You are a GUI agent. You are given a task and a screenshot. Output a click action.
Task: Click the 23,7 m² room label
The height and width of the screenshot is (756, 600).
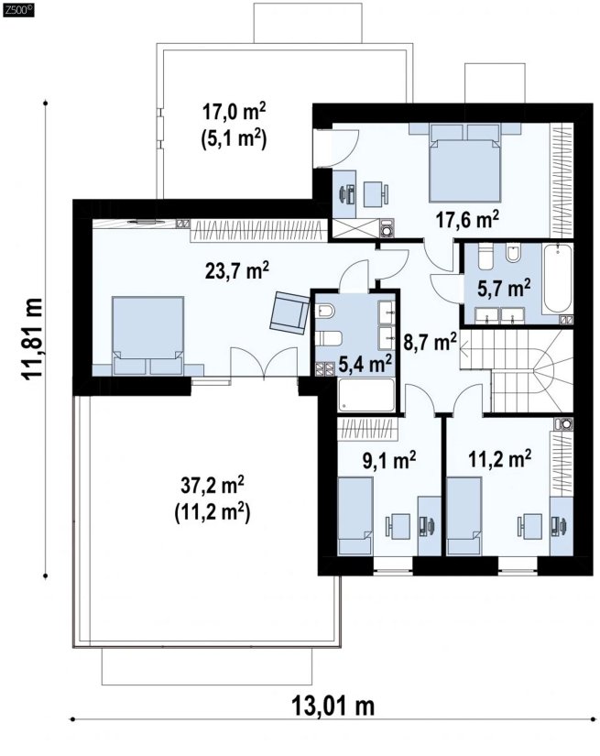tap(237, 270)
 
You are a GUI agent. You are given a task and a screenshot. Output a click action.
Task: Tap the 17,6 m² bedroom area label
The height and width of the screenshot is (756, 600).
tap(467, 219)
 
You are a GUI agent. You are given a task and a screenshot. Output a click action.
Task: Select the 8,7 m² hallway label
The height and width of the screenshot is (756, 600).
tap(430, 343)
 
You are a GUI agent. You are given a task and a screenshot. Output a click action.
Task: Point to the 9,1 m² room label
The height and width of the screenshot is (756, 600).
tap(389, 460)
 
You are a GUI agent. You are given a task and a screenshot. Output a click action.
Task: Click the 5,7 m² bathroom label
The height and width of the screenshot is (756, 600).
tap(504, 288)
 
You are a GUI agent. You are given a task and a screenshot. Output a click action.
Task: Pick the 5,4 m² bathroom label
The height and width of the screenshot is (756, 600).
tap(365, 364)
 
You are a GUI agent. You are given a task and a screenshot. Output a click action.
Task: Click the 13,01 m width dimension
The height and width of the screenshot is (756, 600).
tap(333, 707)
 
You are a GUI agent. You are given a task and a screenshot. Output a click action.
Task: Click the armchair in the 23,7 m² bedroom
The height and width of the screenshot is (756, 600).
tap(289, 312)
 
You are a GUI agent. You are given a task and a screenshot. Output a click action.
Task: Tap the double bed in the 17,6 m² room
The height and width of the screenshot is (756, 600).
tap(465, 162)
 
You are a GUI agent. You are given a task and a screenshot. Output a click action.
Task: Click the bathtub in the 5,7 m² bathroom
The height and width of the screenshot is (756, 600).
tap(558, 279)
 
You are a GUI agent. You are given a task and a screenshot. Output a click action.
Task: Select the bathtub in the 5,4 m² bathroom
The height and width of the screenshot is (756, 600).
tap(366, 395)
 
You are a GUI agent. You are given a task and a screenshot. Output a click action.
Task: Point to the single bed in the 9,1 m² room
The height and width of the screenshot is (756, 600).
tap(355, 516)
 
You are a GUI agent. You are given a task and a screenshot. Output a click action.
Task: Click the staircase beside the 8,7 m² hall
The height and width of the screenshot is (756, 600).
tap(517, 371)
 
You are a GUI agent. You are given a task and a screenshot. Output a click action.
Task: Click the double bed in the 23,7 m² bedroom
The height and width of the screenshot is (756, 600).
tap(148, 335)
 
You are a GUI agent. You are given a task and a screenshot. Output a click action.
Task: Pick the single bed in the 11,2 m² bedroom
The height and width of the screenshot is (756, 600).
tap(464, 516)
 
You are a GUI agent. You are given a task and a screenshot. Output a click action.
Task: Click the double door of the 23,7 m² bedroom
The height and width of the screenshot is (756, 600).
tap(263, 363)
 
